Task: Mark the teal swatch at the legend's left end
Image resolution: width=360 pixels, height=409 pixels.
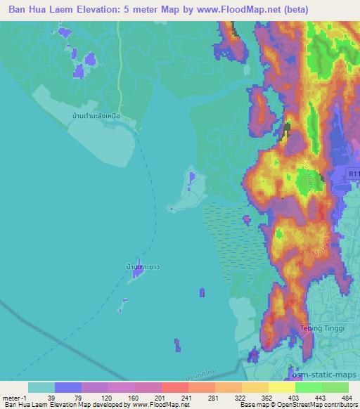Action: click(x=41, y=387)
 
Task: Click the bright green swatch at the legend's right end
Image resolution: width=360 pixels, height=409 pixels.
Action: click(x=335, y=387)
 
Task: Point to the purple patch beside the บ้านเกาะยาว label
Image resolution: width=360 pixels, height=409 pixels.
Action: click(x=136, y=276)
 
